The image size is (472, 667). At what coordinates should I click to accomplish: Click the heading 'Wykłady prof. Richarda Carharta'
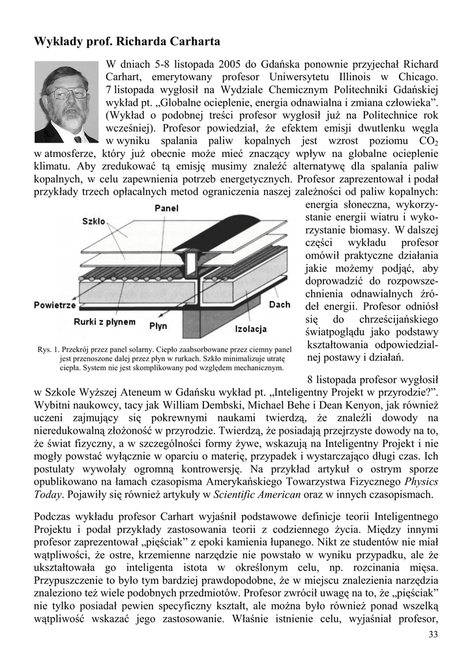coord(127,42)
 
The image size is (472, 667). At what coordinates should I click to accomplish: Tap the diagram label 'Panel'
coord(167,208)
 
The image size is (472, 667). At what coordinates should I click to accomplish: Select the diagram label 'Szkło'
coord(94,221)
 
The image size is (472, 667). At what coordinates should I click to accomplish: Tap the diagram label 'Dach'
coord(280,304)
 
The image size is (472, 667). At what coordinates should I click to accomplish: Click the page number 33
coord(433,635)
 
